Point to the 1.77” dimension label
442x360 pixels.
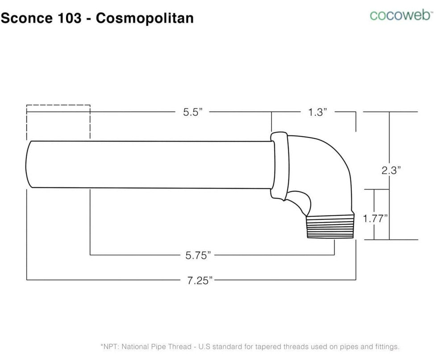(x=375, y=218)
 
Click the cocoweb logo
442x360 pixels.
(x=401, y=15)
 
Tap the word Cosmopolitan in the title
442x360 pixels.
(x=145, y=18)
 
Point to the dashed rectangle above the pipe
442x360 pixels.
(x=58, y=121)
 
